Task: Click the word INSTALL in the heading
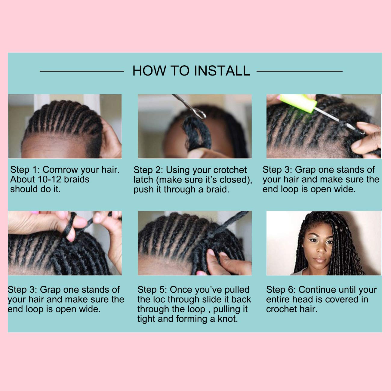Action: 222,71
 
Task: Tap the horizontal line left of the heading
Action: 82,71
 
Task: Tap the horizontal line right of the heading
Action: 299,71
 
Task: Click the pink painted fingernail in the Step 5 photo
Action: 200,273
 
